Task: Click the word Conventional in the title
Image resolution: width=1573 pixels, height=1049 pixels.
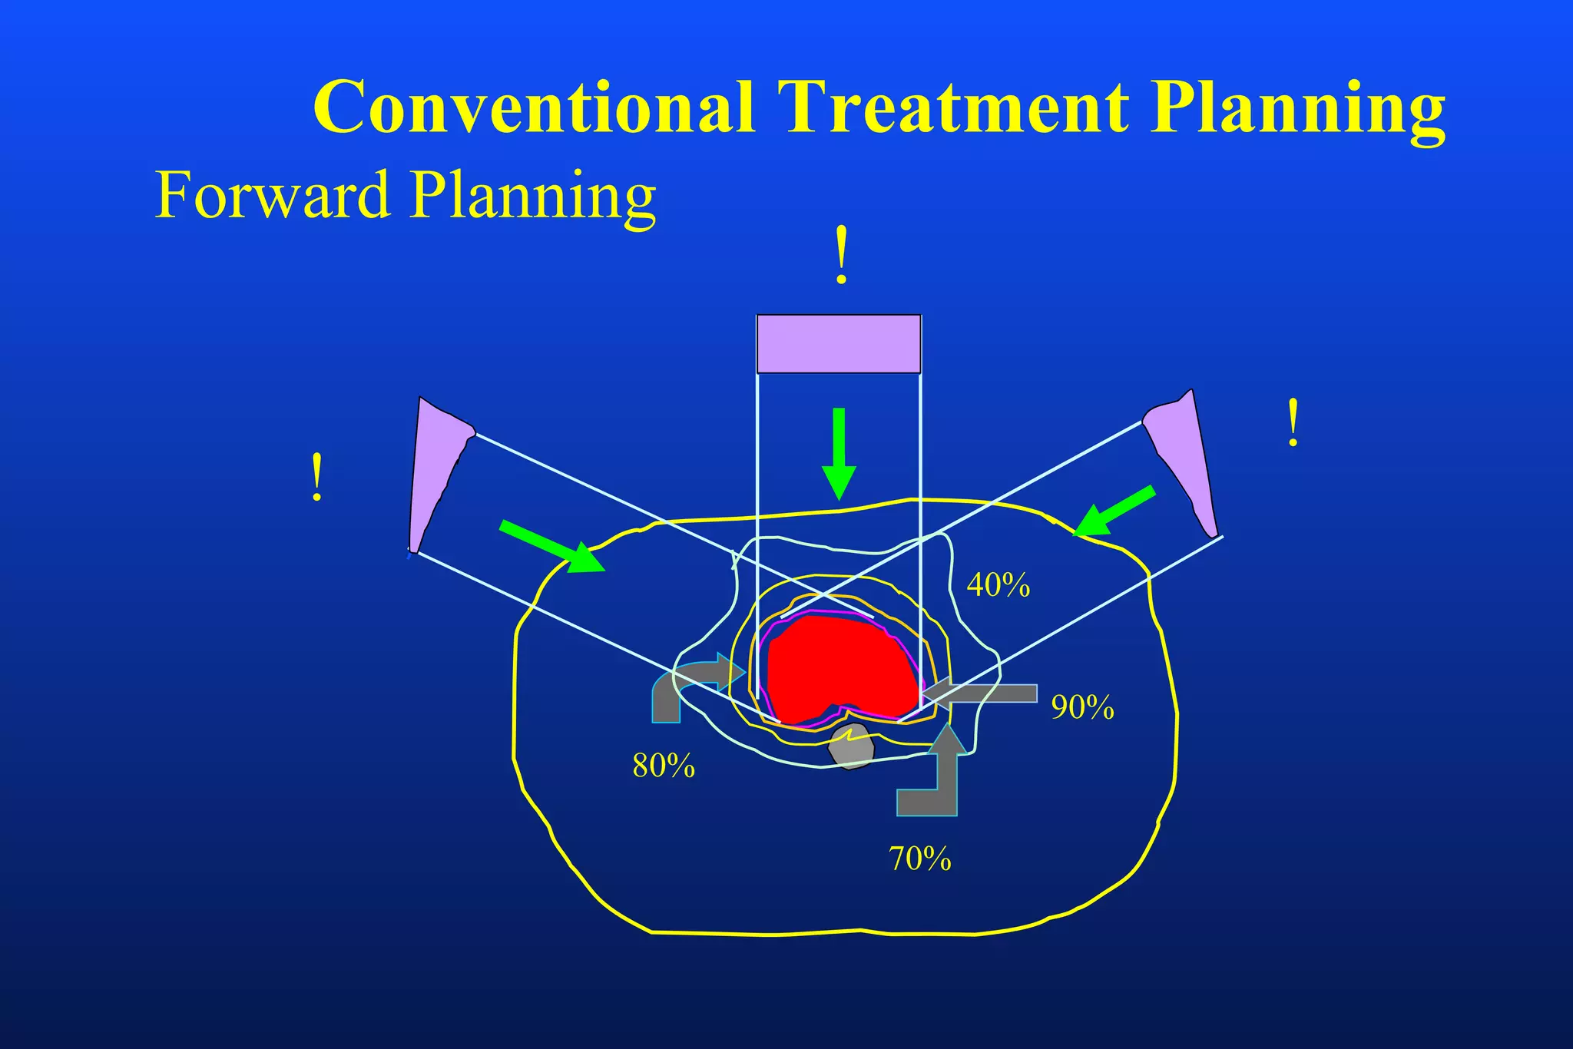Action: click(x=533, y=107)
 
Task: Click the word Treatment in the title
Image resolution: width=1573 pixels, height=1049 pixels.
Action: click(x=952, y=107)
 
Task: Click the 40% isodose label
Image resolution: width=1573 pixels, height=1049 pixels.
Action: click(x=998, y=585)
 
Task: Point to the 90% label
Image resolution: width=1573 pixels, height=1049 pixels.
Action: click(x=1082, y=707)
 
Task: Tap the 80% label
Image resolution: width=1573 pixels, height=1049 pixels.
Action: click(x=664, y=766)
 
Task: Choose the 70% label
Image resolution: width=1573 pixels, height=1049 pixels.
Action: click(x=919, y=859)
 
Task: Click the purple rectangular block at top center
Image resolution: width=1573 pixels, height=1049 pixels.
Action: click(x=838, y=344)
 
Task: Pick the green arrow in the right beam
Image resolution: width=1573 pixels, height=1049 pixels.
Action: click(x=1114, y=511)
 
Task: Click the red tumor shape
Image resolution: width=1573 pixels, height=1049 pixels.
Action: click(x=841, y=664)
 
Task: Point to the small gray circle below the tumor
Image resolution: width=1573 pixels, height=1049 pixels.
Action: click(x=851, y=746)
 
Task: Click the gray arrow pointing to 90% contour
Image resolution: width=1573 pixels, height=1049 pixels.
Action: click(x=983, y=694)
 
